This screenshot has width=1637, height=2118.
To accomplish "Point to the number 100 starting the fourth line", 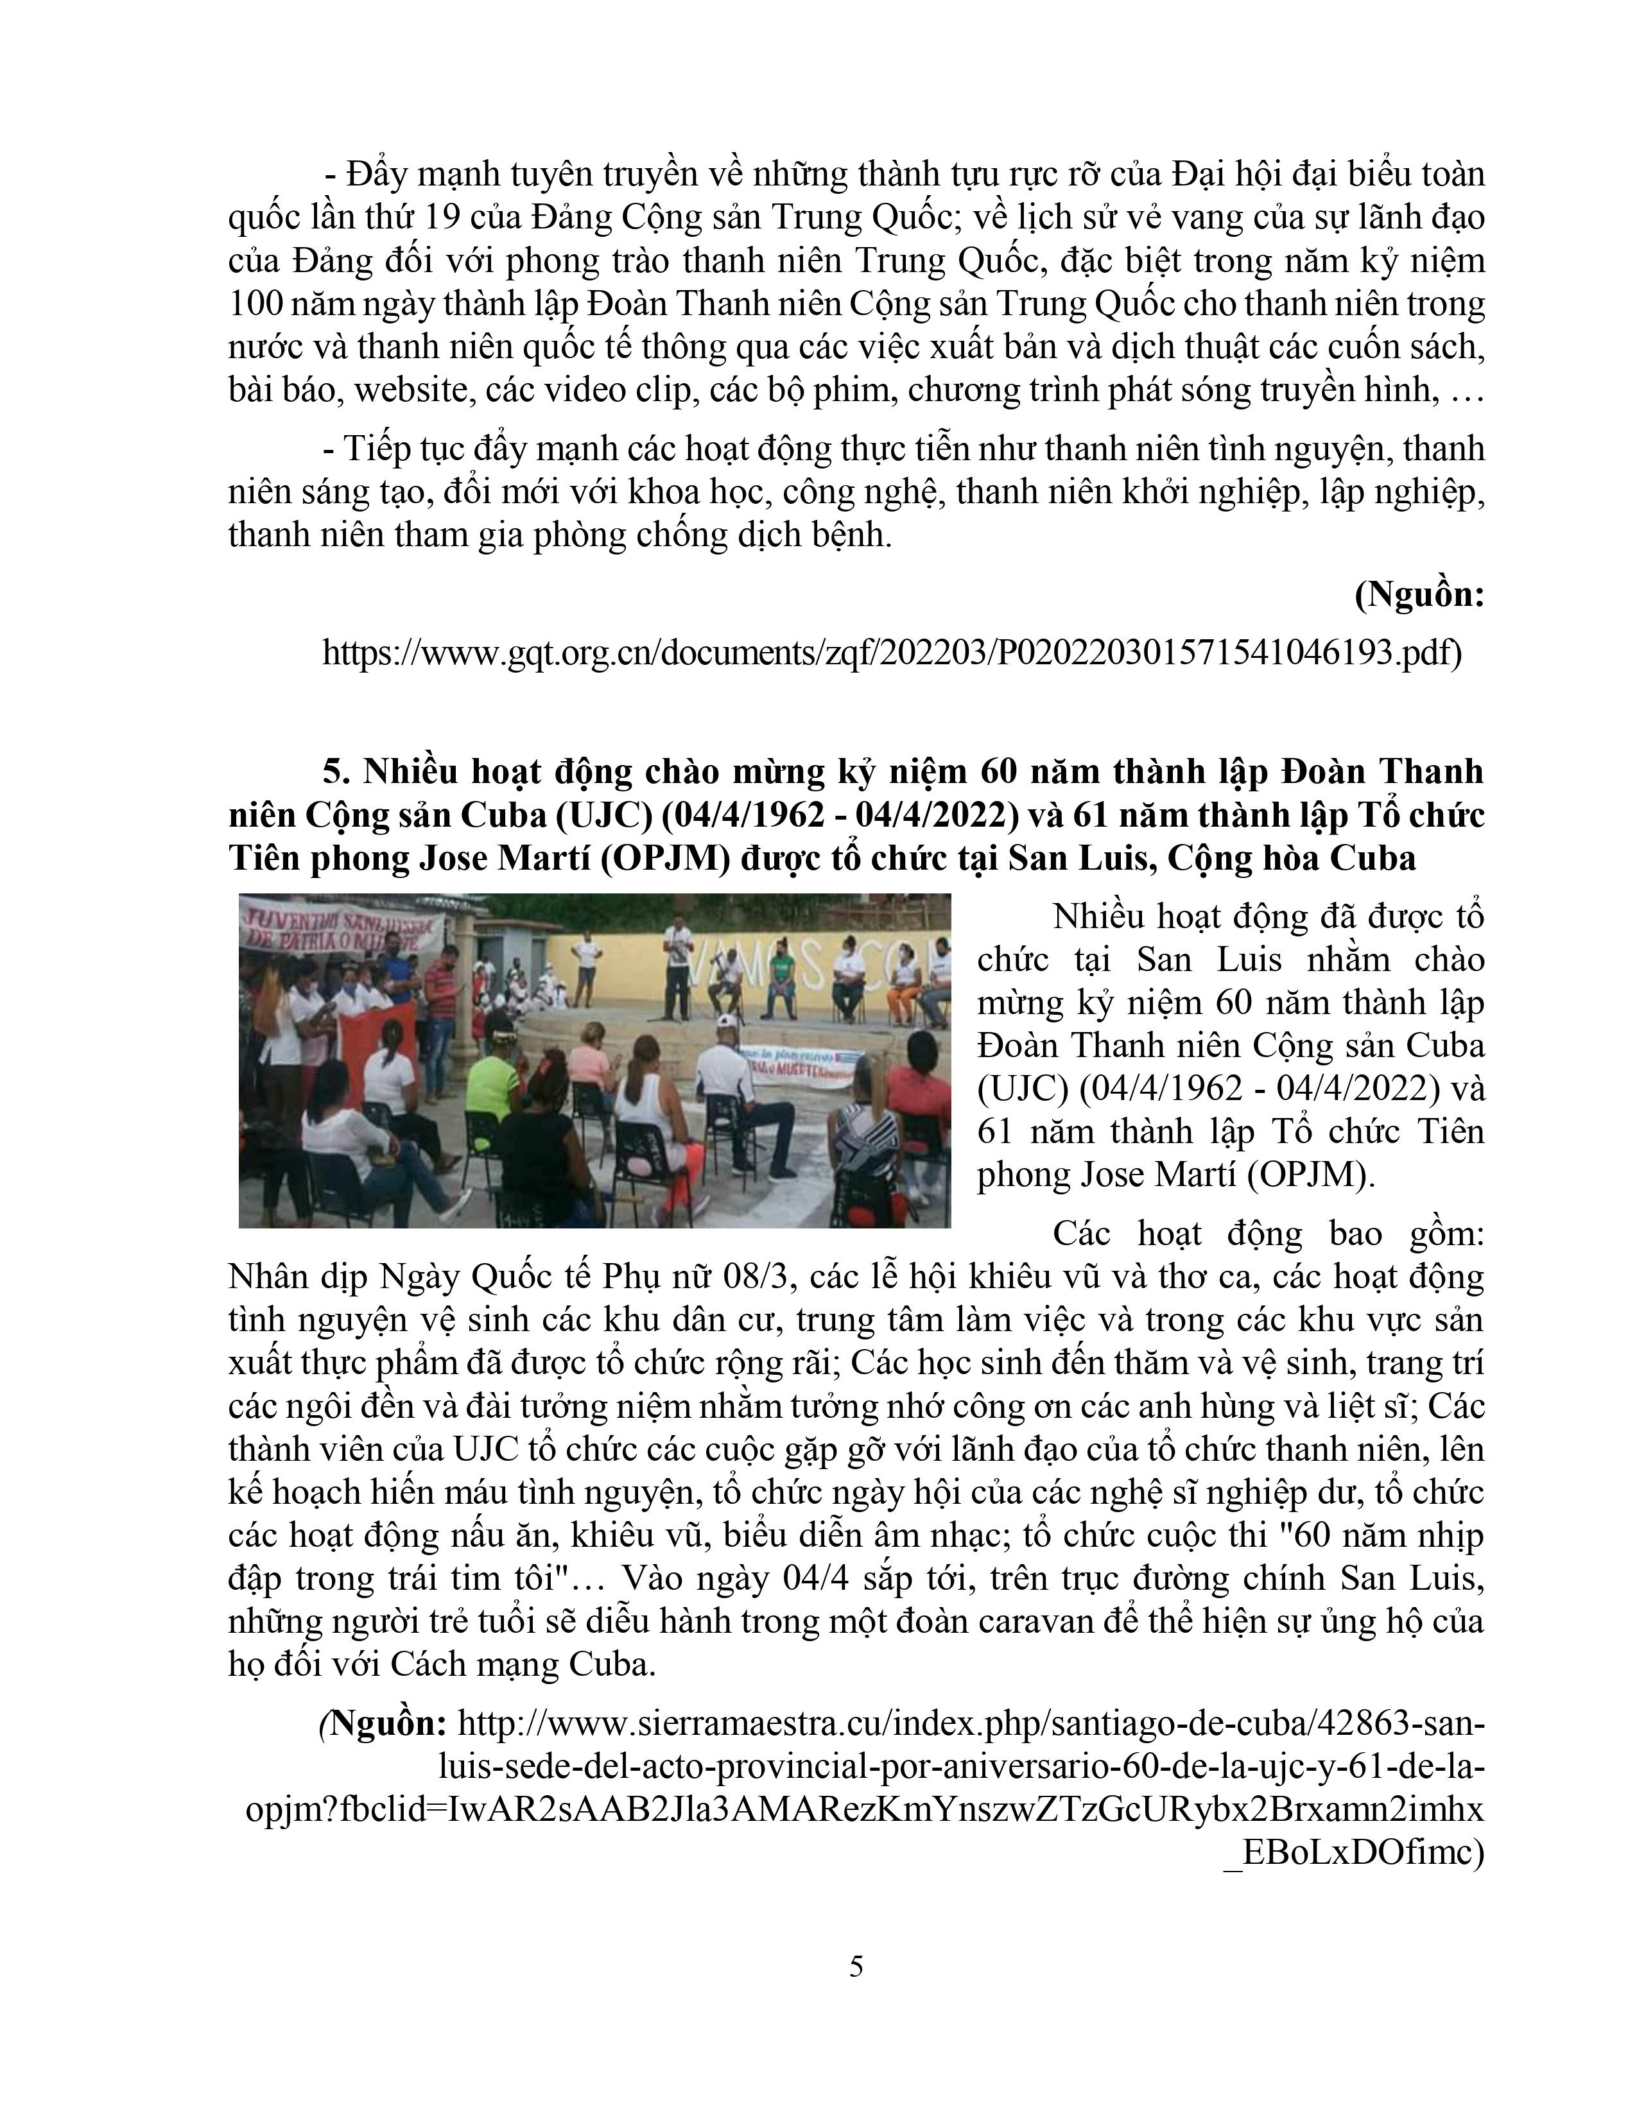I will pyautogui.click(x=257, y=304).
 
